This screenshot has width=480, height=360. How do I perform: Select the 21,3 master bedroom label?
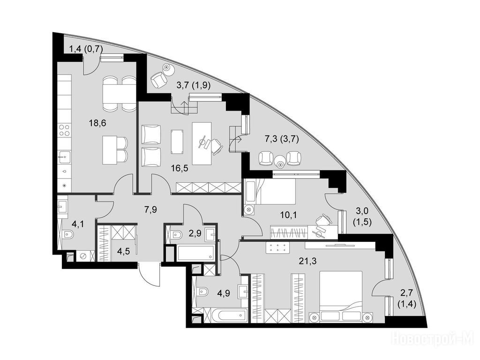click(307, 261)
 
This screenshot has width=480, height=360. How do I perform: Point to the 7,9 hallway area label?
click(150, 210)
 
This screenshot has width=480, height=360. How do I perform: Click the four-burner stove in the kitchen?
click(65, 130)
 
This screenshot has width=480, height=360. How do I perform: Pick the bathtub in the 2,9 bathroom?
click(195, 253)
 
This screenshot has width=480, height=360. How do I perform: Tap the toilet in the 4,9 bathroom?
click(202, 292)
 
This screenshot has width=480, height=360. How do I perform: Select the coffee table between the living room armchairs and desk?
click(177, 142)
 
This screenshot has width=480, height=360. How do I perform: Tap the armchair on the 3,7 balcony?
click(159, 79)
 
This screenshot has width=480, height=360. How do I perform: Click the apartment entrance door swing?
click(149, 273)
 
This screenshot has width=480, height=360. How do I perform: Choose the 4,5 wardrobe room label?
click(124, 251)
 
